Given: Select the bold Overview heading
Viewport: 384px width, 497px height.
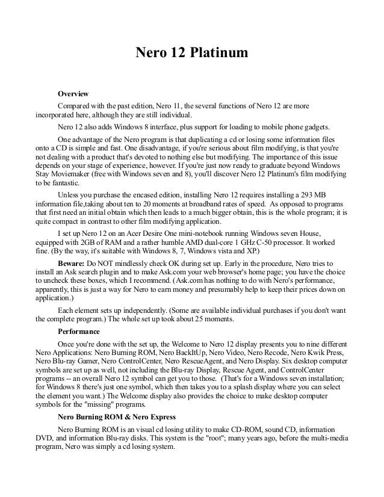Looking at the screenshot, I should coord(73,94).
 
